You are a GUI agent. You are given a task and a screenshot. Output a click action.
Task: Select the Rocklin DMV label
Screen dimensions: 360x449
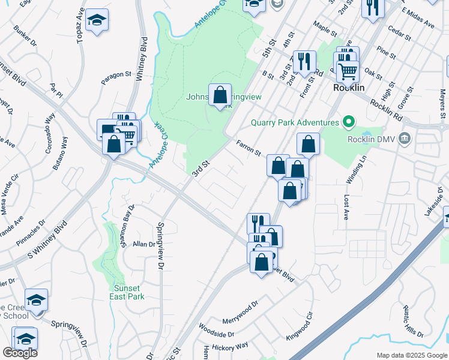pyautogui.click(x=373, y=139)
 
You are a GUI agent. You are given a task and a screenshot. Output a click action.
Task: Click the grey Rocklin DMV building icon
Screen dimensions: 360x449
pyautogui.click(x=406, y=139)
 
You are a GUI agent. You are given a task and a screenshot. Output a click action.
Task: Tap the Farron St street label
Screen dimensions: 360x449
pyautogui.click(x=249, y=147)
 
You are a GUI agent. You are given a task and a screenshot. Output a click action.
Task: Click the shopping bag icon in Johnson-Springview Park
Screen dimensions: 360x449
pyautogui.click(x=220, y=95)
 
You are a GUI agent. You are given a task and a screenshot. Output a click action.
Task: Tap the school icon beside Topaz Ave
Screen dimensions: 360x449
pyautogui.click(x=97, y=20)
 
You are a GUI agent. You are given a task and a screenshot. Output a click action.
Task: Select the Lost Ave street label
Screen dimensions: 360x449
pyautogui.click(x=346, y=205)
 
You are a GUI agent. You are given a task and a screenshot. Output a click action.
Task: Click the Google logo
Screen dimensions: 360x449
pyautogui.click(x=20, y=353)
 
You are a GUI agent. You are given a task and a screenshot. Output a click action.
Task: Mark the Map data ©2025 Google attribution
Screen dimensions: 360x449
pyautogui.click(x=411, y=355)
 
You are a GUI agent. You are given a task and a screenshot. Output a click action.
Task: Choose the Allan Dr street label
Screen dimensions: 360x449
pyautogui.click(x=144, y=244)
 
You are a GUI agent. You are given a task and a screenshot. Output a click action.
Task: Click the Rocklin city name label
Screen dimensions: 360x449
pyautogui.click(x=349, y=88)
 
